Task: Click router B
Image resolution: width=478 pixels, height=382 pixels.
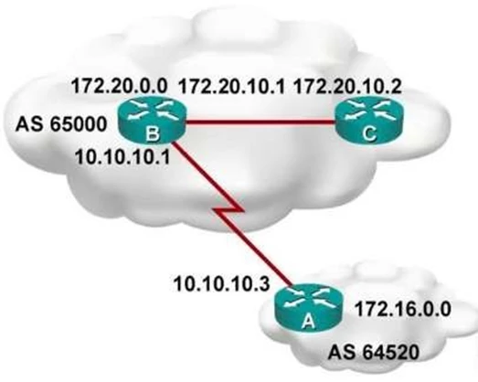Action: tap(152, 122)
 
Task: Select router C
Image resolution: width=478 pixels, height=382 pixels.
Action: tap(369, 122)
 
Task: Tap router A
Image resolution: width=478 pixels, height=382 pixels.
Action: tap(308, 308)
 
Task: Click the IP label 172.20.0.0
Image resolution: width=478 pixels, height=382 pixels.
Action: tap(119, 86)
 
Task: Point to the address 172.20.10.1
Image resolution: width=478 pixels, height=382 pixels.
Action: tap(231, 86)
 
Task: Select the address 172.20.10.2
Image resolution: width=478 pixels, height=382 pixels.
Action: tap(347, 86)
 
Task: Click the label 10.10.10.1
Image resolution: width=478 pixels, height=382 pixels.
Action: tap(122, 157)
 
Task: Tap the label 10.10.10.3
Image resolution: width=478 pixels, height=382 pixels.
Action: tap(221, 283)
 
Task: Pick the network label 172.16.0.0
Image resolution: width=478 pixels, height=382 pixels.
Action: tap(403, 309)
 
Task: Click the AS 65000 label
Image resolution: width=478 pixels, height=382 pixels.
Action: tap(61, 124)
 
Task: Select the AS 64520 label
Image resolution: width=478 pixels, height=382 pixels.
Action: tap(374, 353)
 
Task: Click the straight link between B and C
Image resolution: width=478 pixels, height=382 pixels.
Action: tap(260, 122)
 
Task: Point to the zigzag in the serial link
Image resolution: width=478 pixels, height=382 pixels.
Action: tap(229, 210)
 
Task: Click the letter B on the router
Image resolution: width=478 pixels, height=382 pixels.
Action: tap(153, 133)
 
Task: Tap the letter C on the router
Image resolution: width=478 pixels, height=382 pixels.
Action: tap(369, 133)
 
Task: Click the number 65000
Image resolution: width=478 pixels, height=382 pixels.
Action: tap(79, 124)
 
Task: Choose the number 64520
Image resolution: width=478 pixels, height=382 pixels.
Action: tap(391, 353)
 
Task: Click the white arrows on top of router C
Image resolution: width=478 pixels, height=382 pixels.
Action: tap(369, 111)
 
